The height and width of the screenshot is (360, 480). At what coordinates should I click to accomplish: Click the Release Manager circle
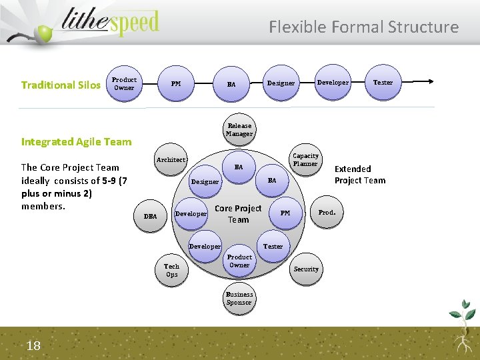tap(239, 129)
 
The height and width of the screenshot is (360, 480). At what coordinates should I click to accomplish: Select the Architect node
tap(171, 160)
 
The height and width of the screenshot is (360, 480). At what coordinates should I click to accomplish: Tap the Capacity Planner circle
tap(305, 160)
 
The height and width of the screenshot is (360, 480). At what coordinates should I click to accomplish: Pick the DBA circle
tap(151, 216)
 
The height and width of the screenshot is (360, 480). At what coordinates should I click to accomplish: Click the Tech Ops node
tap(172, 270)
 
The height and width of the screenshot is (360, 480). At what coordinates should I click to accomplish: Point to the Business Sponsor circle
tap(239, 298)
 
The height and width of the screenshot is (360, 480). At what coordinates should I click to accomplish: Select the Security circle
tap(306, 269)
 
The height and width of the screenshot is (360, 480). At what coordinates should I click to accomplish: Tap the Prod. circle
tap(327, 213)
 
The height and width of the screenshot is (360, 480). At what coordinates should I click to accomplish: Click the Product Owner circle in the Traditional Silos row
tap(124, 83)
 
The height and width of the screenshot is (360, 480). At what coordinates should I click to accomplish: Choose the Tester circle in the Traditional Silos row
tap(383, 83)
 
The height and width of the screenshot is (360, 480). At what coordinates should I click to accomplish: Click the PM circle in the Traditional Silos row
tap(176, 84)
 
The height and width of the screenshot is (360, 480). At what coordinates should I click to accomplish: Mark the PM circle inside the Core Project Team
tap(285, 213)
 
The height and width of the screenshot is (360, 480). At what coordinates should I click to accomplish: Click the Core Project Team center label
tap(238, 214)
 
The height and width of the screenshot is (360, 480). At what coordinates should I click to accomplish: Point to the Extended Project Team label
tap(360, 175)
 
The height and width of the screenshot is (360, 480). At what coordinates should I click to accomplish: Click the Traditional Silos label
tap(61, 85)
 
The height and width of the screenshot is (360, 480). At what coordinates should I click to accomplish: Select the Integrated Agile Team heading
tap(77, 141)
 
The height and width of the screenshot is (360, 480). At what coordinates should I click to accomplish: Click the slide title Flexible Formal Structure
tap(363, 27)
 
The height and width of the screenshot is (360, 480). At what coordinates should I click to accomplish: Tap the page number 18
tap(34, 344)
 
